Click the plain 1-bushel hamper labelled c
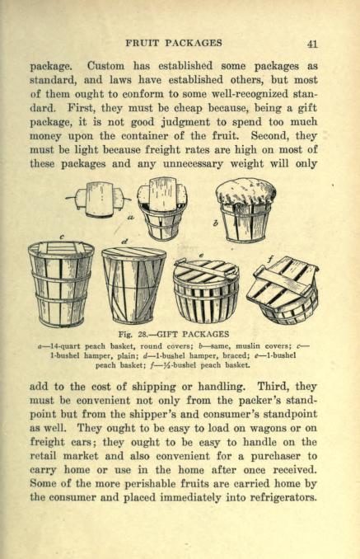point(61,282)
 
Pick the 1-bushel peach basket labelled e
point(206,289)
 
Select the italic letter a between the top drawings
point(133,214)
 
